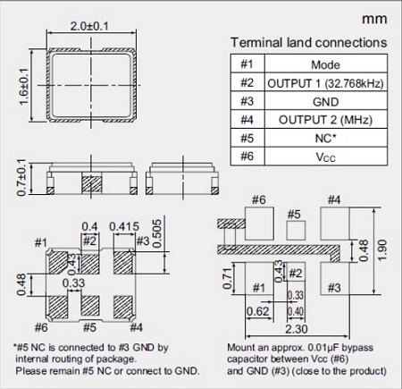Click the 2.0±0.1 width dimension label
(x=89, y=26)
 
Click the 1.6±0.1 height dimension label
(x=24, y=87)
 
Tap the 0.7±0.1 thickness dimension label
(x=21, y=178)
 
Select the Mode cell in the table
(x=326, y=64)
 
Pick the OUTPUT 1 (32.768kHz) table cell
(x=326, y=83)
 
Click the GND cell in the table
(x=326, y=102)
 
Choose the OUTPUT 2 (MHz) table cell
(x=326, y=120)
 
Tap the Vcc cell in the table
(x=326, y=156)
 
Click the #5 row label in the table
(x=247, y=139)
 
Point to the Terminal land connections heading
(x=309, y=43)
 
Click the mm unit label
(x=374, y=20)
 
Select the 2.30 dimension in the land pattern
(x=297, y=329)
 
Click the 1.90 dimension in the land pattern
(x=382, y=250)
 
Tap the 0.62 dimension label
(x=258, y=311)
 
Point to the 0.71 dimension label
(x=227, y=278)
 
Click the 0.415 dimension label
(x=124, y=227)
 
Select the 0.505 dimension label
(x=157, y=233)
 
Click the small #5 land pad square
(x=296, y=230)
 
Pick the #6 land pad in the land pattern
(x=259, y=224)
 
